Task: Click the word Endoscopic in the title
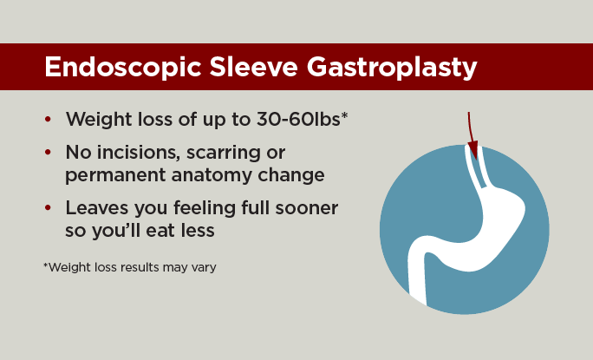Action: pyautogui.click(x=122, y=68)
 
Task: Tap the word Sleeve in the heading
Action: pyautogui.click(x=254, y=67)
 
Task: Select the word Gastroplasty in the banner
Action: pyautogui.click(x=392, y=68)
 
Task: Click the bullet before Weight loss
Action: pyautogui.click(x=48, y=119)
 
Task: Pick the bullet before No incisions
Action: pyautogui.click(x=48, y=152)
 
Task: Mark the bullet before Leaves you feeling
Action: pyautogui.click(x=48, y=208)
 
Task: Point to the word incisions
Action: pyautogui.click(x=139, y=152)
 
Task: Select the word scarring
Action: pyautogui.click(x=223, y=154)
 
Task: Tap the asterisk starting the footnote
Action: pyautogui.click(x=46, y=265)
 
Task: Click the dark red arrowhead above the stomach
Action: pyautogui.click(x=473, y=150)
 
